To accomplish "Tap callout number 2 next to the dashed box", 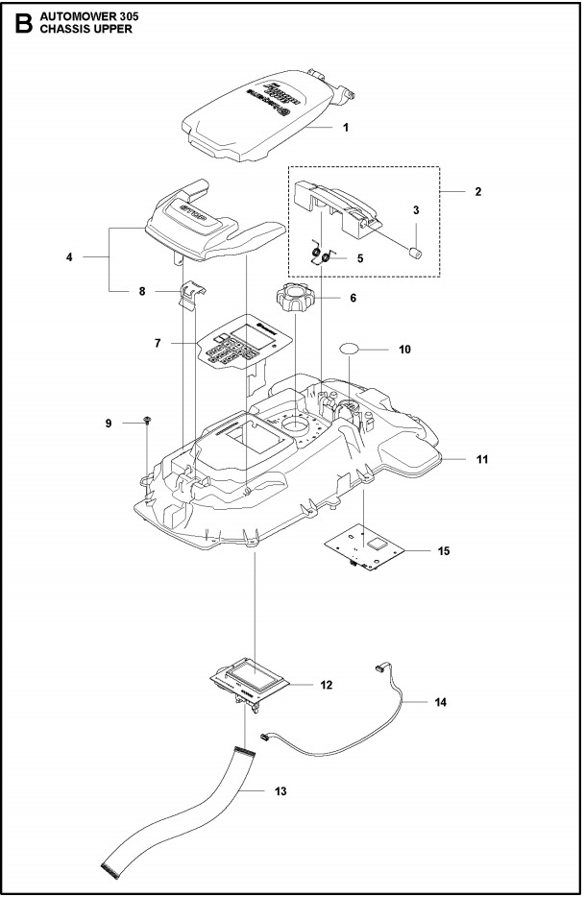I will (477, 191).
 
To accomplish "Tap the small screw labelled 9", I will (146, 422).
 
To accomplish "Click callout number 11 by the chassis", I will (482, 460).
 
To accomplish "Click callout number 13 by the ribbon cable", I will (280, 792).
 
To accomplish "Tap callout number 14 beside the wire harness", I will (440, 702).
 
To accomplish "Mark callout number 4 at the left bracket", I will (68, 257).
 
